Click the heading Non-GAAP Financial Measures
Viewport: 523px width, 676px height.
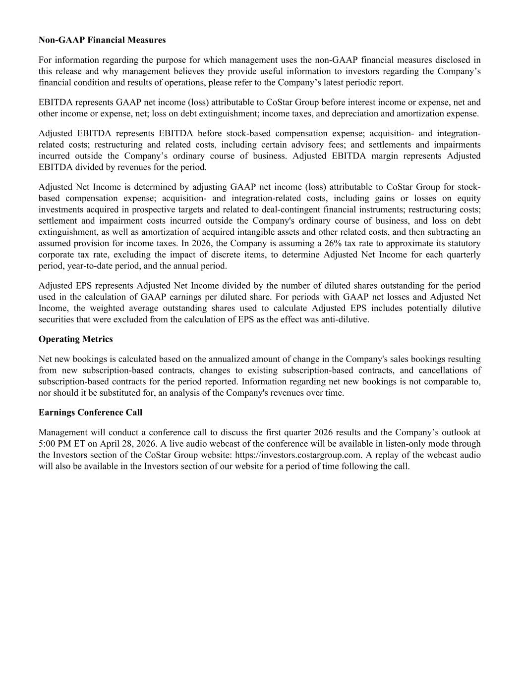[102, 40]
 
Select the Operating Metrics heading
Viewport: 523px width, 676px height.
[75, 339]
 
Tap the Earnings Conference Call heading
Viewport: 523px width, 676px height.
[90, 413]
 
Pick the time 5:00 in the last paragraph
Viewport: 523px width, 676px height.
[48, 443]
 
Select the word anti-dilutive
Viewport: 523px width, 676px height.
[344, 319]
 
